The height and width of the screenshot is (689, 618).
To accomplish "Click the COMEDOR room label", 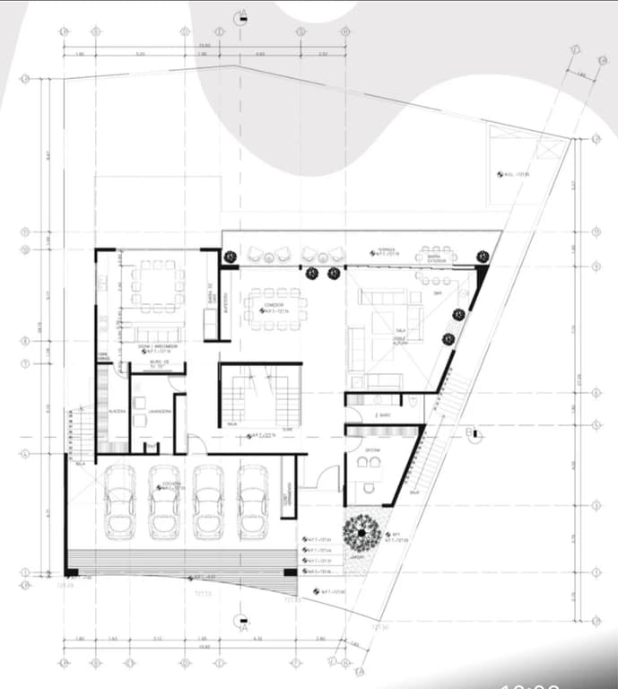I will (274, 306).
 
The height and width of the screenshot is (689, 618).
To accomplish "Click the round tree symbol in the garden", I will (361, 533).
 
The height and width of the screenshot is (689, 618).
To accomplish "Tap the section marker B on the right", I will (472, 435).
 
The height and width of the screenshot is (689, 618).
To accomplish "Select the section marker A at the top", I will (239, 18).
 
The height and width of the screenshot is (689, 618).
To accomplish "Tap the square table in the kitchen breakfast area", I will (157, 285).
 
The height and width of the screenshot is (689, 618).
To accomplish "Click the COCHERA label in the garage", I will (172, 484).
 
